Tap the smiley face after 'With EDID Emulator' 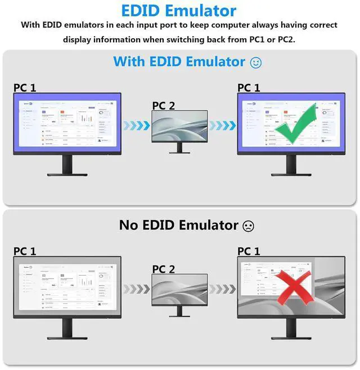pos(256,62)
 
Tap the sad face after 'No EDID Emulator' pos(248,226)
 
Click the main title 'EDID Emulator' pos(179,10)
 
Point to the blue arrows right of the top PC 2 pos(223,125)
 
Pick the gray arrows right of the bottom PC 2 pos(223,289)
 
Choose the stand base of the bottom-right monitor pos(291,338)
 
